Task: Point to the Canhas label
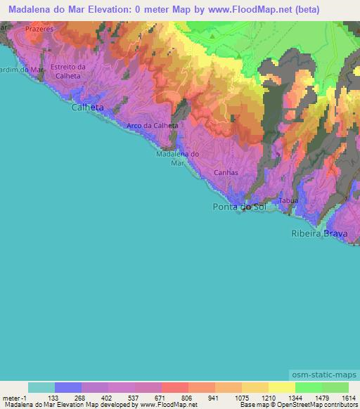(226, 172)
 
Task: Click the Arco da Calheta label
(152, 126)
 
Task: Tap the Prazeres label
(39, 30)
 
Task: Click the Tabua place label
(289, 201)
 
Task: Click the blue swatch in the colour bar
(68, 387)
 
